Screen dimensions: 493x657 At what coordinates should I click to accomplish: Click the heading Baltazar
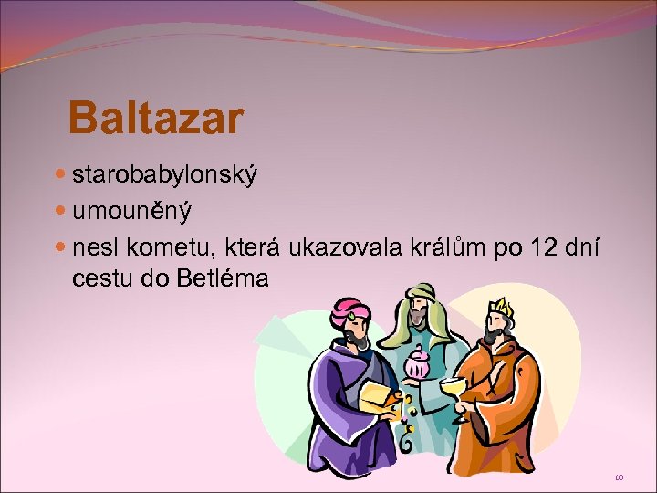pyautogui.click(x=155, y=118)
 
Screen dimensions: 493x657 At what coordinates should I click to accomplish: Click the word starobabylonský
pyautogui.click(x=164, y=174)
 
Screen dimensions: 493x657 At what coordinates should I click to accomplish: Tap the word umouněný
pyautogui.click(x=132, y=211)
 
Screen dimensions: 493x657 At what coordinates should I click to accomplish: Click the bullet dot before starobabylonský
pyautogui.click(x=61, y=174)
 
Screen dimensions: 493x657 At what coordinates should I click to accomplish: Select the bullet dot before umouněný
pyautogui.click(x=61, y=211)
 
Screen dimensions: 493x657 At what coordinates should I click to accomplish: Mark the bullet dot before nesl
pyautogui.click(x=61, y=247)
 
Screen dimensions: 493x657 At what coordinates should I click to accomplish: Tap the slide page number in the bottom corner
pyautogui.click(x=620, y=476)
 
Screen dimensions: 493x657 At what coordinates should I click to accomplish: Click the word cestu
pyautogui.click(x=102, y=278)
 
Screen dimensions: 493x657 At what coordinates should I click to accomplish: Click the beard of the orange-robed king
pyautogui.click(x=493, y=339)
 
